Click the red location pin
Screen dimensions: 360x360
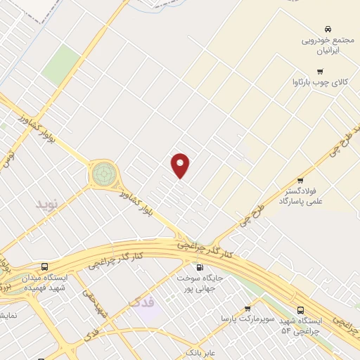(181, 165)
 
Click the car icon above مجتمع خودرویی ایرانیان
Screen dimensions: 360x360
(328, 29)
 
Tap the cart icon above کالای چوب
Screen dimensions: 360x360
(321, 71)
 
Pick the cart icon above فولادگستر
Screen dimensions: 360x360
(300, 180)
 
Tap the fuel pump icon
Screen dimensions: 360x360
(199, 267)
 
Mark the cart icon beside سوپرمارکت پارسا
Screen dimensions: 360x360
(247, 309)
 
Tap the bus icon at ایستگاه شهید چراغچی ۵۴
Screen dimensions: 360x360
(301, 310)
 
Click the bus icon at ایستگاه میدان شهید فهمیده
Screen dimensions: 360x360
(45, 267)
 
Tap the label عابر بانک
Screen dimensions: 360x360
(199, 351)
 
